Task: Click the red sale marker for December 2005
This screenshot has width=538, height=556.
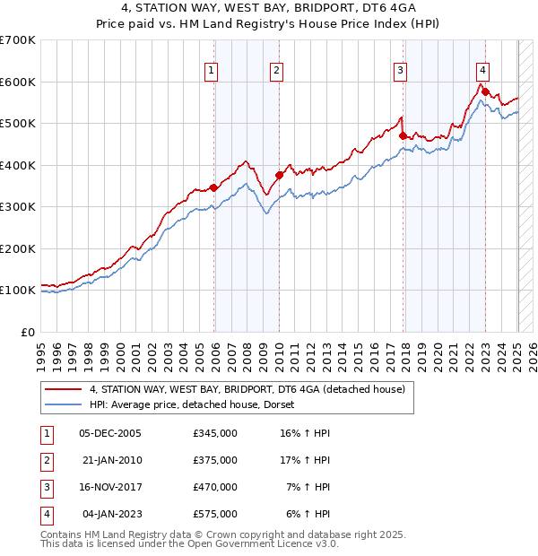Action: [214, 187]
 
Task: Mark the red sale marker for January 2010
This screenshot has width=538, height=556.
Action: [279, 176]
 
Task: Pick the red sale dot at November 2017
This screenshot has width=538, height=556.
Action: [403, 136]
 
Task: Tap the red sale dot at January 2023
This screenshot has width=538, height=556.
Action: [485, 91]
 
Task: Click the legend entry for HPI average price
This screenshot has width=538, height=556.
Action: [197, 404]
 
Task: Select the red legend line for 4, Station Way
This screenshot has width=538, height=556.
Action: [63, 389]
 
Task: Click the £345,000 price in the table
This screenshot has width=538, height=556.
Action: [215, 433]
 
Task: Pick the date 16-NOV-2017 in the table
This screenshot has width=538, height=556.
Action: [111, 487]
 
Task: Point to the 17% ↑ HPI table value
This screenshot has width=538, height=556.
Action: [305, 460]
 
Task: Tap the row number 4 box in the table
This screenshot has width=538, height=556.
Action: [46, 514]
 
